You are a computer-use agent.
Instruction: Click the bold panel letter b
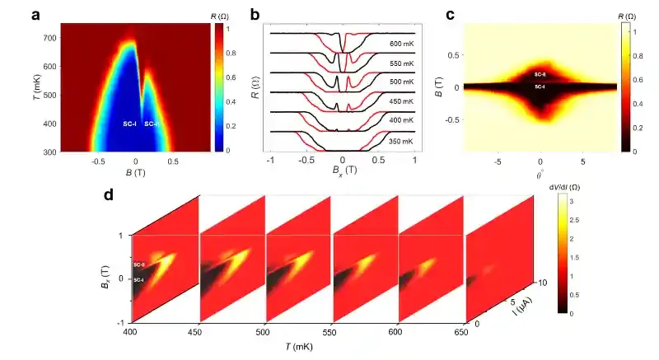tap(256, 14)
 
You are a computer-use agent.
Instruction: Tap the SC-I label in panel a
tap(129, 124)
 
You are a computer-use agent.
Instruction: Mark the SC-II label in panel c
tap(539, 74)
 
